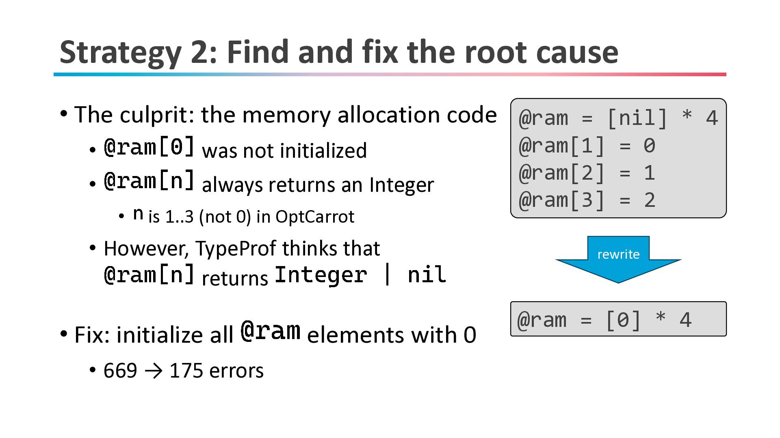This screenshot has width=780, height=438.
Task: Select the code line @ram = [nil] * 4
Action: coord(618,118)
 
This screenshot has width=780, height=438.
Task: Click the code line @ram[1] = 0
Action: coord(587,146)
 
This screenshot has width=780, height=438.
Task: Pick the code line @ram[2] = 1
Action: coord(587,173)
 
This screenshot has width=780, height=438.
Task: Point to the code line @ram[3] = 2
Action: coord(587,200)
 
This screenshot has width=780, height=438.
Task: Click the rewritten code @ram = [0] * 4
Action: coord(604,320)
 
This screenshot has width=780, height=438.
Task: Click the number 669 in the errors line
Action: coord(120,371)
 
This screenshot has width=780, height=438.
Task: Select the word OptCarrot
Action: coord(315,217)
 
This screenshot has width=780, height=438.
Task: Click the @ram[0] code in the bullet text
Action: coord(149,147)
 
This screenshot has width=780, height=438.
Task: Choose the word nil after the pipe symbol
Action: coord(427,275)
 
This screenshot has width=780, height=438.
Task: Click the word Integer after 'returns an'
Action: coord(401,185)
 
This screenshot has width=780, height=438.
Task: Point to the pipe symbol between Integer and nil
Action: coord(387,275)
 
